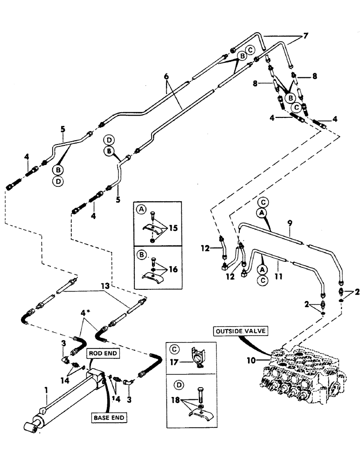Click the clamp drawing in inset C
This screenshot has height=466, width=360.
pyautogui.click(x=196, y=361)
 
